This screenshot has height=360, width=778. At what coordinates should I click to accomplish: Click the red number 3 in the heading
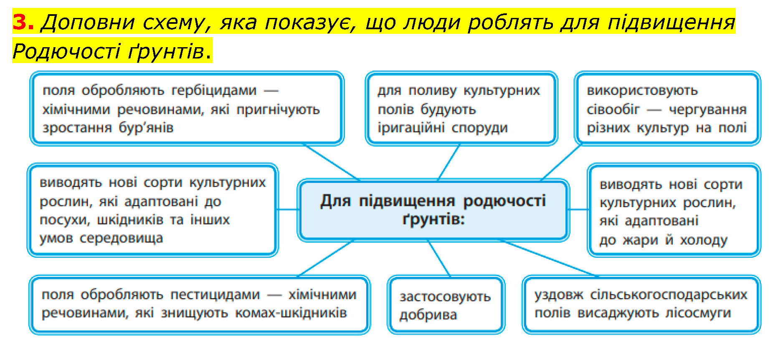click(23, 22)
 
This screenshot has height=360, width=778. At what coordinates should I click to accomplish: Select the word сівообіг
click(613, 109)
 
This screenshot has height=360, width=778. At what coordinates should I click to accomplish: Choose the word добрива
click(428, 315)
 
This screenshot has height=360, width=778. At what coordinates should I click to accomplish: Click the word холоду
click(704, 240)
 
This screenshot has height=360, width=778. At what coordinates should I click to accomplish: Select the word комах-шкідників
click(291, 313)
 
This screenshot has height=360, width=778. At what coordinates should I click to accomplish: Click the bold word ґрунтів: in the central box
click(433, 219)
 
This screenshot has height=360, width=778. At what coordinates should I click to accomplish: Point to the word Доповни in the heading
click(88, 22)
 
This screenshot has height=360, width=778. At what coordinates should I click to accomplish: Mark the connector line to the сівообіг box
click(561, 162)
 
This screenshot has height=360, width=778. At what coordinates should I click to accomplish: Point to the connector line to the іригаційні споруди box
click(449, 162)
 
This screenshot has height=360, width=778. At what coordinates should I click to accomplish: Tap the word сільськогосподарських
click(669, 295)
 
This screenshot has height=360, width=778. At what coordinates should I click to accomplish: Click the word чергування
click(708, 109)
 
